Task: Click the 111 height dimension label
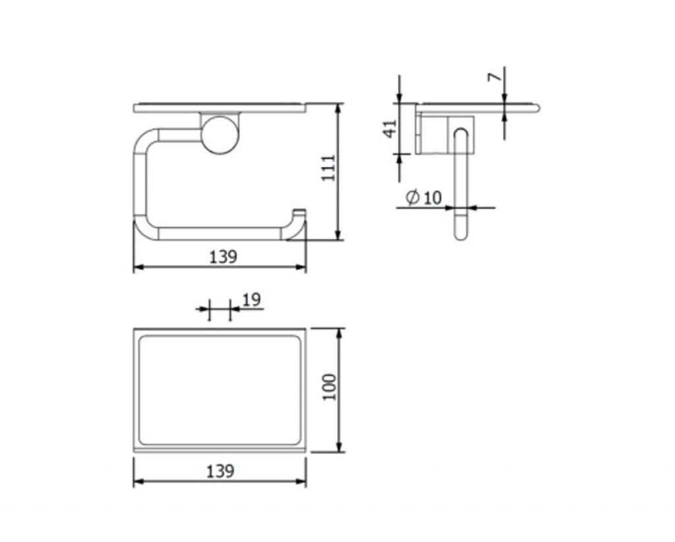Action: [329, 168]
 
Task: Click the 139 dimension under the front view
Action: [223, 257]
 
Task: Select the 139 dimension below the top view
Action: [220, 471]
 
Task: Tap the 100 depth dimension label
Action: [330, 387]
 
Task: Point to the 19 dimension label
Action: [252, 299]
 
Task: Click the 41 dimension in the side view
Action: [390, 129]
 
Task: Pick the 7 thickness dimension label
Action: [495, 76]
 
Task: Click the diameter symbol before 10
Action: [413, 197]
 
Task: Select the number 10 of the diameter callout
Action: [432, 198]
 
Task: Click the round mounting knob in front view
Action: [220, 135]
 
